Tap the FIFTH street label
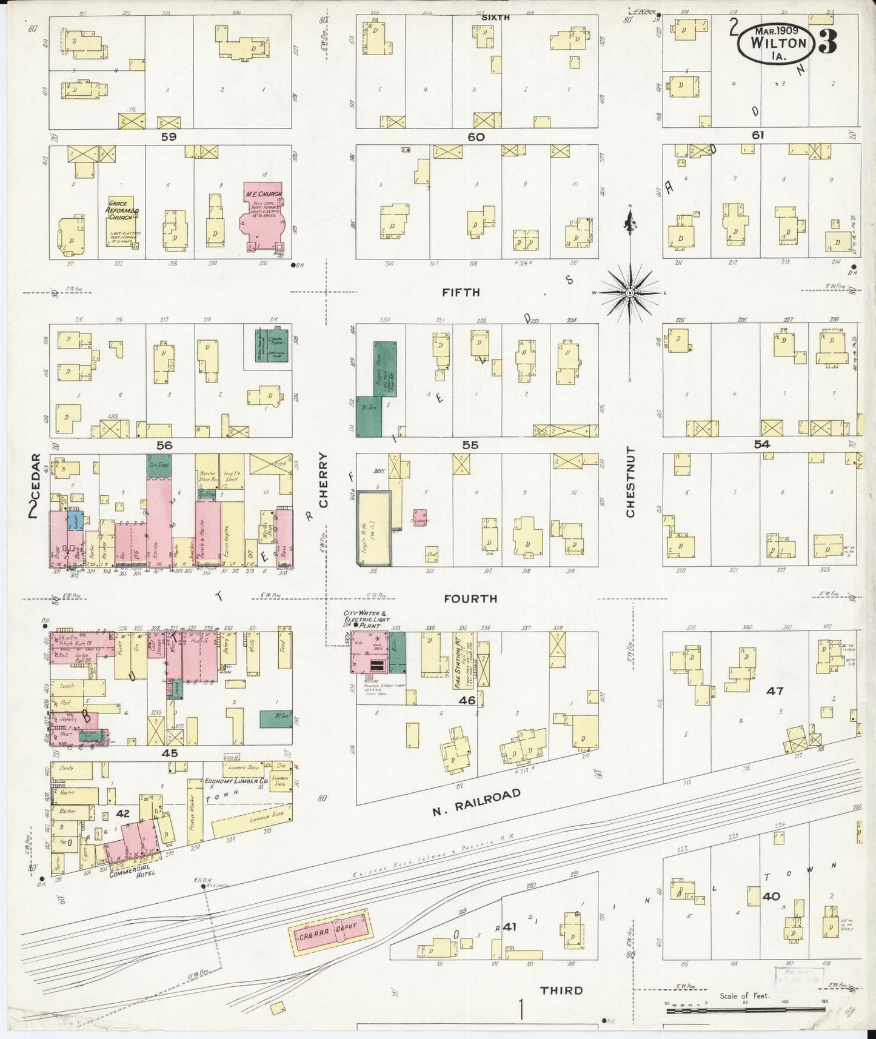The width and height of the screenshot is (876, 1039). click(x=461, y=292)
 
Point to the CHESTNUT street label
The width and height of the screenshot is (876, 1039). click(x=630, y=482)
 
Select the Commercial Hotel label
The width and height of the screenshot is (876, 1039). click(x=132, y=871)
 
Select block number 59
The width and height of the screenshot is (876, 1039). click(x=169, y=137)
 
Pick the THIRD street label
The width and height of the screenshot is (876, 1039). click(x=561, y=990)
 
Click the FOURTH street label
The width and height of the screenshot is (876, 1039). click(x=470, y=598)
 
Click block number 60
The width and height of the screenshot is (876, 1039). click(x=476, y=137)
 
